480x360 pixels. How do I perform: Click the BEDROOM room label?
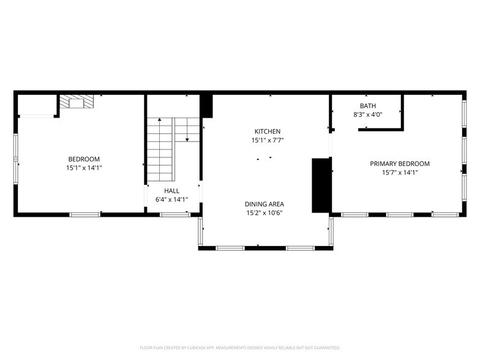[x=84, y=159]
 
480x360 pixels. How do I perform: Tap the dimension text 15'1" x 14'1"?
[x=84, y=168]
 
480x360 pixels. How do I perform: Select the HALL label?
[x=171, y=191]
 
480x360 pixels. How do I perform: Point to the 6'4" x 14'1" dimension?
[x=171, y=200]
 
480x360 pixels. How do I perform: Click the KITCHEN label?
[x=268, y=132]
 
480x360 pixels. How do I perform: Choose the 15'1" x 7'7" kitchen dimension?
[x=268, y=140]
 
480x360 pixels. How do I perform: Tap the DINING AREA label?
[x=264, y=204]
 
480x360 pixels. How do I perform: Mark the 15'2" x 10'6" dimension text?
[x=264, y=213]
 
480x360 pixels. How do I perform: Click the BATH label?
[x=368, y=106]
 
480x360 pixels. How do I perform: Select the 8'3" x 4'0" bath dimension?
[x=368, y=114]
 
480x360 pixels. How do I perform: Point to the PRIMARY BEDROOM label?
[x=399, y=163]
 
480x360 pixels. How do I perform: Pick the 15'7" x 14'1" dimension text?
[x=399, y=173]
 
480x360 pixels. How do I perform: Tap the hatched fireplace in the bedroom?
[x=77, y=102]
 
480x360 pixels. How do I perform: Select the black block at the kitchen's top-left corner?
[x=206, y=106]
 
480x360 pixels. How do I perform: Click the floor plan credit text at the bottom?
[x=240, y=347]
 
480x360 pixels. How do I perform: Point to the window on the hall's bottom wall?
[x=174, y=215]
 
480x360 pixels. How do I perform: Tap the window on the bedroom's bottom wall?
[x=84, y=215]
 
